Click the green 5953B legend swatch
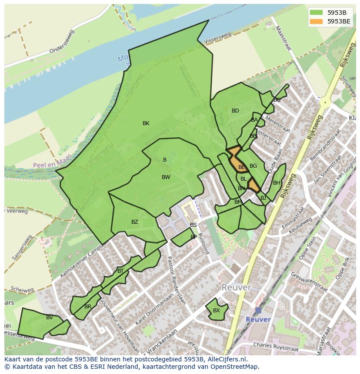[x=316, y=12]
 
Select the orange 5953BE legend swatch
[x=316, y=21]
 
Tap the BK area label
[x=146, y=123]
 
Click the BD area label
[x=235, y=111]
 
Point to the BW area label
[x=166, y=177]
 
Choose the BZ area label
[x=135, y=222]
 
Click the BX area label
[x=216, y=311]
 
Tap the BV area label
[x=50, y=318]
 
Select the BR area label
[x=88, y=307]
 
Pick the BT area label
[x=120, y=271]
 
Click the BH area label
[x=277, y=183]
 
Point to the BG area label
[x=253, y=166]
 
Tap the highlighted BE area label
[x=242, y=167]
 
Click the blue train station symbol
[x=258, y=310]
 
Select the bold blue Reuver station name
[x=258, y=319]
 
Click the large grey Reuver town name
[x=236, y=288]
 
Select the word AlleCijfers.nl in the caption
[x=226, y=359]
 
